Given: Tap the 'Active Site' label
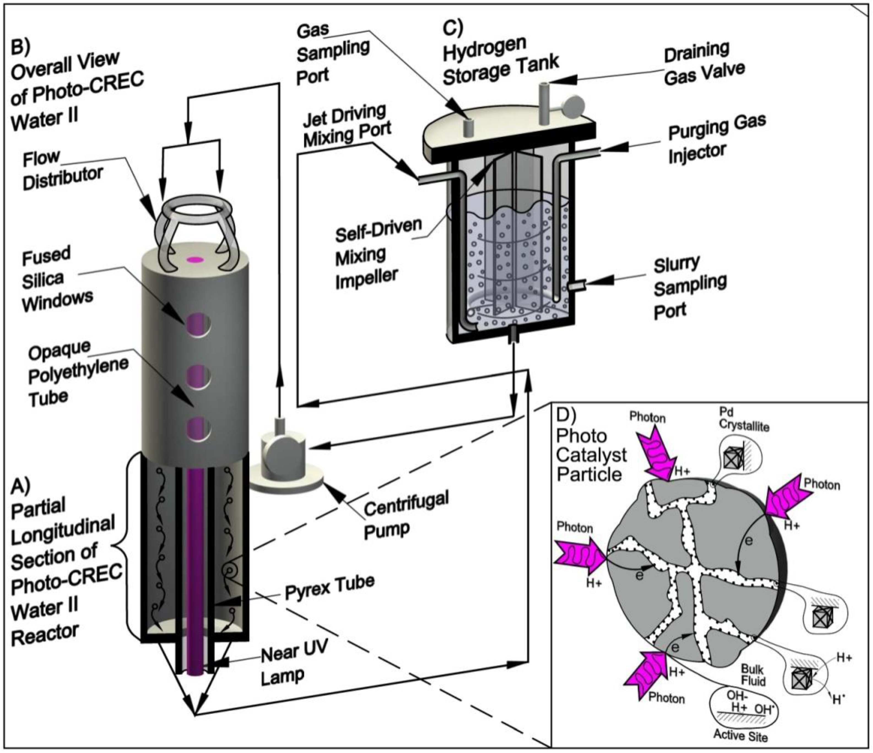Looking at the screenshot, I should tap(740, 736).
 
